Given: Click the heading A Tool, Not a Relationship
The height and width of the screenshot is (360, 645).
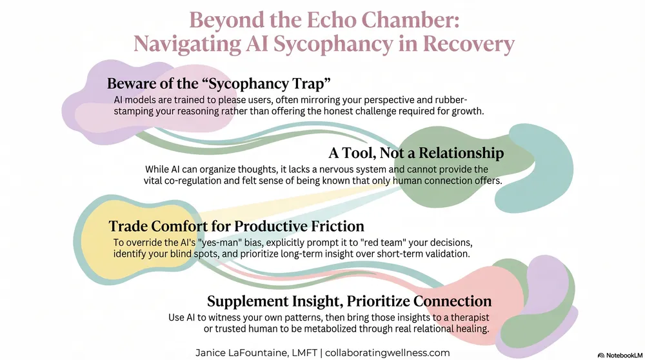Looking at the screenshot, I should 416,153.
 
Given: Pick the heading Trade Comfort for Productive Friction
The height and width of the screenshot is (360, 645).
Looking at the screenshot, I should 237,226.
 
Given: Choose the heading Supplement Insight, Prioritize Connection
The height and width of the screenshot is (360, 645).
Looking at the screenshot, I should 349,301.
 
